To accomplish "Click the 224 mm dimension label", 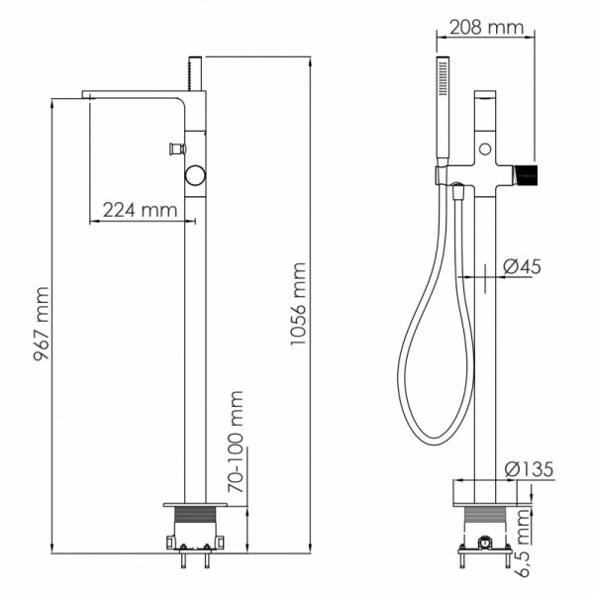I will [140, 210].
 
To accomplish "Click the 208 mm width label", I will [485, 28].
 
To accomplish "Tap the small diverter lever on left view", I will [176, 149].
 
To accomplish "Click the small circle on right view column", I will [484, 149].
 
